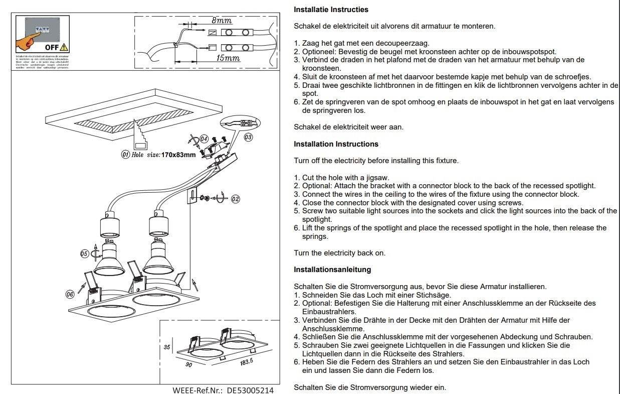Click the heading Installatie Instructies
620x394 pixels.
(331, 10)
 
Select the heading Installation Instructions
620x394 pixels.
(336, 144)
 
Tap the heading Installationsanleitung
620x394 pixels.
(332, 270)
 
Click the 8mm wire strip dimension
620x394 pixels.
(222, 21)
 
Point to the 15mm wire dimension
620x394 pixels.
(228, 58)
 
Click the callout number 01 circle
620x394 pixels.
(125, 155)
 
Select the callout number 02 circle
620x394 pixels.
(235, 199)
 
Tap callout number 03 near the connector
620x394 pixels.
(249, 136)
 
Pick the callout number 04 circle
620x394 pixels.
(204, 138)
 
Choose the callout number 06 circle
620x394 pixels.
(70, 294)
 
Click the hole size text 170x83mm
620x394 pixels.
(178, 155)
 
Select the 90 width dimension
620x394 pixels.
(189, 365)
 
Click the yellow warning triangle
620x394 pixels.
(64, 48)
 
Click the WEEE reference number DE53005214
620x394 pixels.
(251, 390)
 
